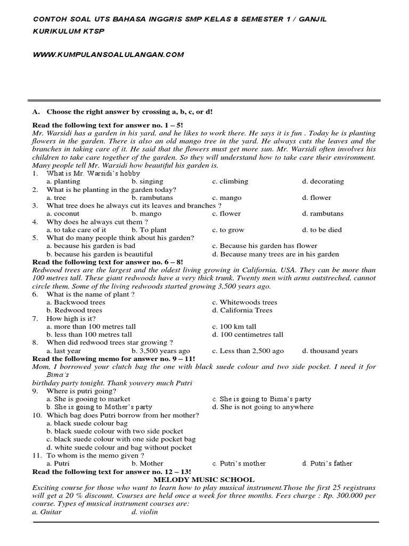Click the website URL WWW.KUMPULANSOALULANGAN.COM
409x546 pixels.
[108, 54]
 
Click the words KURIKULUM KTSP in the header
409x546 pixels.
[69, 31]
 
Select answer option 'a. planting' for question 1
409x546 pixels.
[63, 181]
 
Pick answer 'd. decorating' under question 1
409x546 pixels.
[323, 181]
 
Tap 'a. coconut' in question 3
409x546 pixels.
[63, 214]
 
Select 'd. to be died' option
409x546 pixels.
[322, 230]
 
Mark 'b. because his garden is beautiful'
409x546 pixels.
[100, 254]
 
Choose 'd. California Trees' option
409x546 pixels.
[242, 310]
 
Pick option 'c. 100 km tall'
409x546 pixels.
[234, 327]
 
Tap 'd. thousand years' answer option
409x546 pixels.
[330, 351]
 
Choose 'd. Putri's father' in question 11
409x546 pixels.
[327, 463]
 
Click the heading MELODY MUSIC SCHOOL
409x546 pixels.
[204, 480]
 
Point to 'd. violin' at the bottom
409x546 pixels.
[145, 512]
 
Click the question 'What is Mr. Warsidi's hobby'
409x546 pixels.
[93, 173]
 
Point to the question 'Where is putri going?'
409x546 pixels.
[81, 391]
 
